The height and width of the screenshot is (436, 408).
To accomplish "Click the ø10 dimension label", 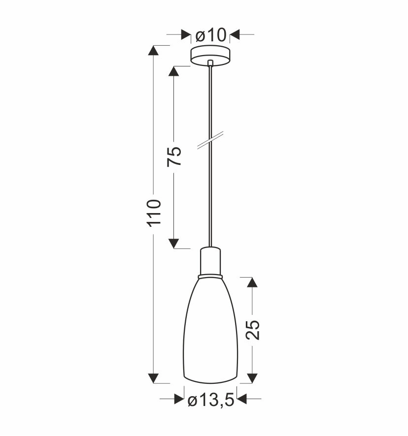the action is coord(210,35).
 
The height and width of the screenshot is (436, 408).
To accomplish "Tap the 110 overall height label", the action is coord(155,213).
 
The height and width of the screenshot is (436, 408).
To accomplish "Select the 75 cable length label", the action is coord(174,156).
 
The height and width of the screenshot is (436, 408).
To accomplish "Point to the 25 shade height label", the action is coord(253,330).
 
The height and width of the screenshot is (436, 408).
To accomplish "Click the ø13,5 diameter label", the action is coord(211,401).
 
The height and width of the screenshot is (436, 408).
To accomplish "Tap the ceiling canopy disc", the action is coord(210,56).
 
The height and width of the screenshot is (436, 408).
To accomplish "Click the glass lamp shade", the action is coord(210,330).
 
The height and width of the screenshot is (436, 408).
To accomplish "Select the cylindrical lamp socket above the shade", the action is coord(210,261).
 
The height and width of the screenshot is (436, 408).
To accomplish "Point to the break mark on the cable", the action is coord(210,140).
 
